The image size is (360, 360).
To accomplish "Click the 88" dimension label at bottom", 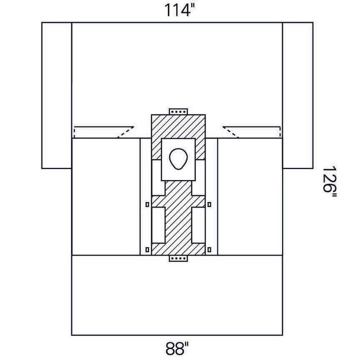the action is (177, 348).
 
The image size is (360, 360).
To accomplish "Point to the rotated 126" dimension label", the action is (330, 182).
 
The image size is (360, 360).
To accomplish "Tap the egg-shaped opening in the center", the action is (178, 159).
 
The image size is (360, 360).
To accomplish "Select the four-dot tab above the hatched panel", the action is (178, 112).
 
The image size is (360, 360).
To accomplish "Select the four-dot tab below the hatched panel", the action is (178, 258).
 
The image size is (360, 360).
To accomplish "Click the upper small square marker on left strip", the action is (148, 204).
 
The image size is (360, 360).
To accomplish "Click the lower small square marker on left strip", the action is (148, 250).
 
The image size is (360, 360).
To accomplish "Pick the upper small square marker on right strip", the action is (209, 204).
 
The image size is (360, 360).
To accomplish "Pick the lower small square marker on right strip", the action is (209, 250).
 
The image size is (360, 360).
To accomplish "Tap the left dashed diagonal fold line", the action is (126, 132).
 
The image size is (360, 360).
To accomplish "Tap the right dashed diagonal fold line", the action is (231, 132).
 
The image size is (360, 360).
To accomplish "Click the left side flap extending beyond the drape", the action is (57, 95).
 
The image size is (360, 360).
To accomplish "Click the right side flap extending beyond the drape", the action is (298, 95).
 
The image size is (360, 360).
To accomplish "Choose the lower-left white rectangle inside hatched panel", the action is (158, 225).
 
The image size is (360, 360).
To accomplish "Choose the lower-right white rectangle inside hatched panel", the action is (198, 225).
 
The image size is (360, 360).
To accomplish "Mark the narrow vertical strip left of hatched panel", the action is (146, 197).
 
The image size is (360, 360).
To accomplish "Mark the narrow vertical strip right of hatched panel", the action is (211, 197).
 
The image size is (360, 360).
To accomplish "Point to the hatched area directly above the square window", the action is (178, 126).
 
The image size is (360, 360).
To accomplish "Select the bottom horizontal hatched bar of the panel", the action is (178, 249).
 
